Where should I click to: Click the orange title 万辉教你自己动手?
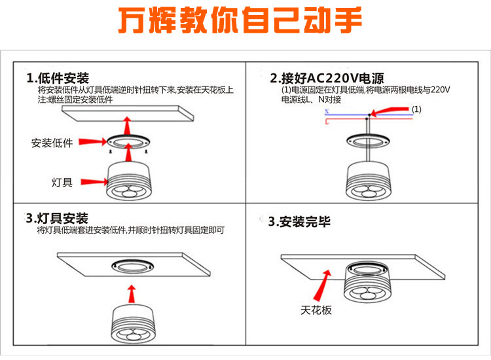pyautogui.click(x=240, y=21)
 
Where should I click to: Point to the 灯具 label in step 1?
pyautogui.click(x=62, y=182)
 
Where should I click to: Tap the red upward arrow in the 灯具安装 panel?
pyautogui.click(x=132, y=293)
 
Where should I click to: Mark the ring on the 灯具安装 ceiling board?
pyautogui.click(x=134, y=266)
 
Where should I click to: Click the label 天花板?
pyautogui.click(x=316, y=310)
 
